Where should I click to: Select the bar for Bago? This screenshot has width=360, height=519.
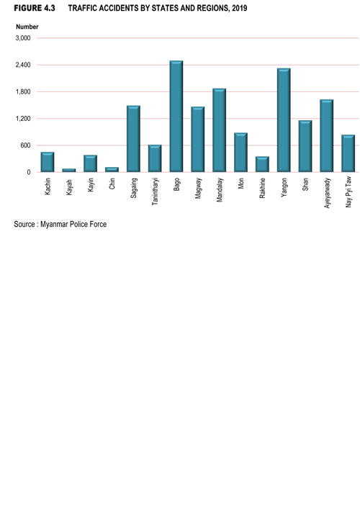pyautogui.click(x=176, y=116)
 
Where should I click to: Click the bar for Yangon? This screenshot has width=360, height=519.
pyautogui.click(x=284, y=120)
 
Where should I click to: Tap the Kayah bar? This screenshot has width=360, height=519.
pyautogui.click(x=69, y=170)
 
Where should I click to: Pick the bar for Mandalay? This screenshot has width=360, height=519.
pyautogui.click(x=220, y=130)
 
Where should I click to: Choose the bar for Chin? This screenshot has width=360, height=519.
pyautogui.click(x=112, y=169)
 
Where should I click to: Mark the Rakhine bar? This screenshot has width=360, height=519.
pyautogui.click(x=262, y=164)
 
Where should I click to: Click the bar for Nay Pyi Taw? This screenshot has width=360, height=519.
pyautogui.click(x=348, y=153)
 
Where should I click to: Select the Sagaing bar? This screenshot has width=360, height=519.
pyautogui.click(x=133, y=139)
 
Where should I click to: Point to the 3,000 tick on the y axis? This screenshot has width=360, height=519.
pyautogui.click(x=23, y=38)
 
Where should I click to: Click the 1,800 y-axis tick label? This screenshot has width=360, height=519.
pyautogui.click(x=23, y=91)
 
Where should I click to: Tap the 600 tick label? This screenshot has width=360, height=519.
pyautogui.click(x=25, y=145)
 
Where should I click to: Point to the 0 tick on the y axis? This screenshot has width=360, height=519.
pyautogui.click(x=29, y=172)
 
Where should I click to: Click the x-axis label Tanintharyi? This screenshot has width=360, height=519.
pyautogui.click(x=155, y=191)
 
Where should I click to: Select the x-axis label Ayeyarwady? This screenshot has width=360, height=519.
pyautogui.click(x=327, y=193)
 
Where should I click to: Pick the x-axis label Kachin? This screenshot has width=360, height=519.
pyautogui.click(x=48, y=186)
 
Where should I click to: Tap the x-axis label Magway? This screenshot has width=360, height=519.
pyautogui.click(x=198, y=188)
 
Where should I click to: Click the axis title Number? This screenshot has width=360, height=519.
pyautogui.click(x=27, y=27)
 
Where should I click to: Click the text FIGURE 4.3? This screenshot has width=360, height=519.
pyautogui.click(x=35, y=8)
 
